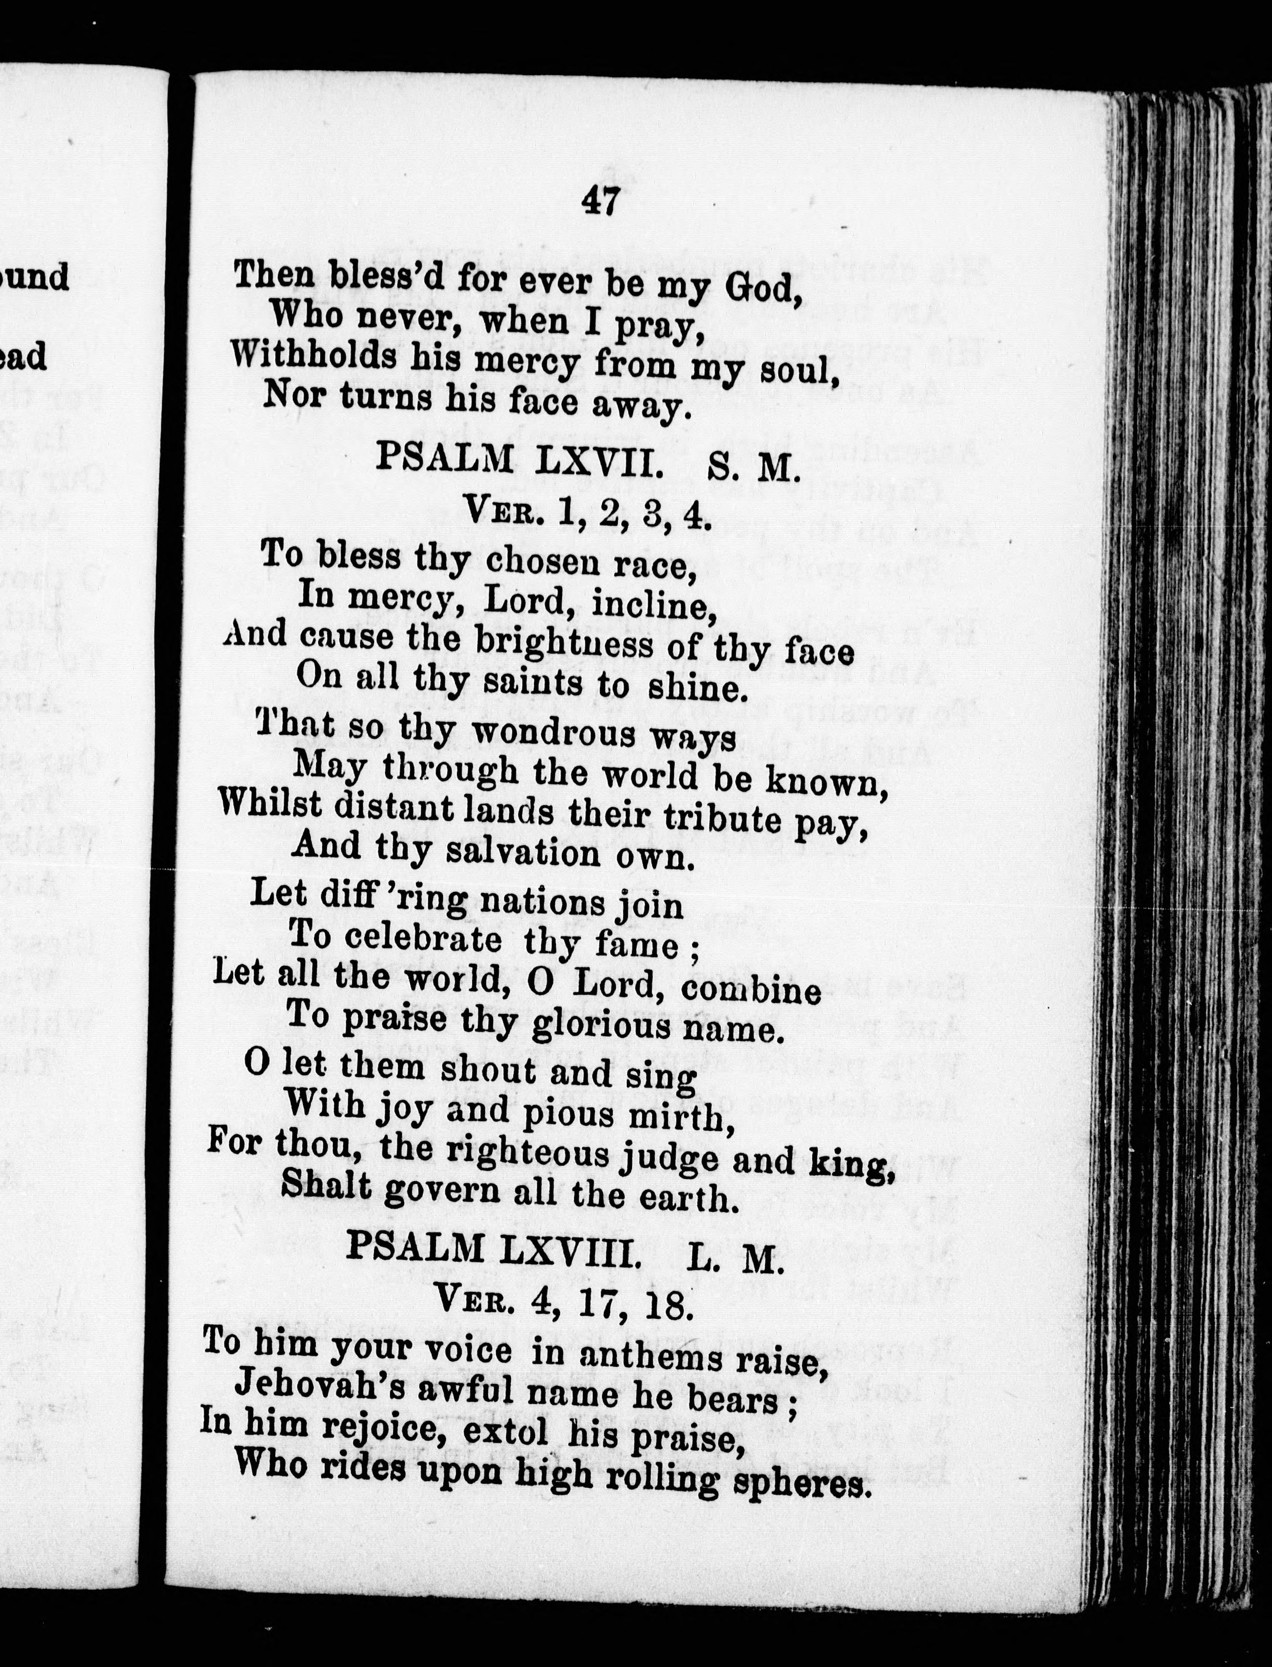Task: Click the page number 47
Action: click(x=601, y=202)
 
